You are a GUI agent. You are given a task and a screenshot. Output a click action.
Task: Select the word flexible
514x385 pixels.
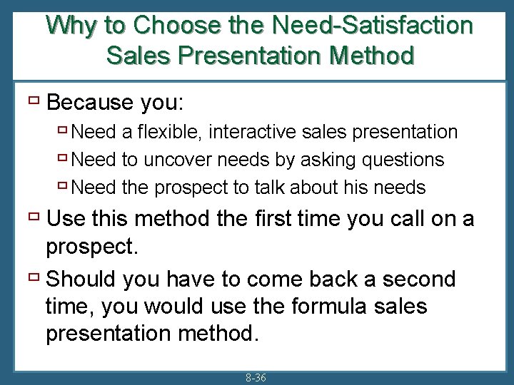174,132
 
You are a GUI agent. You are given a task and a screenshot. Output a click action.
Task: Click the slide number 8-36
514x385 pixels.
255,378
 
